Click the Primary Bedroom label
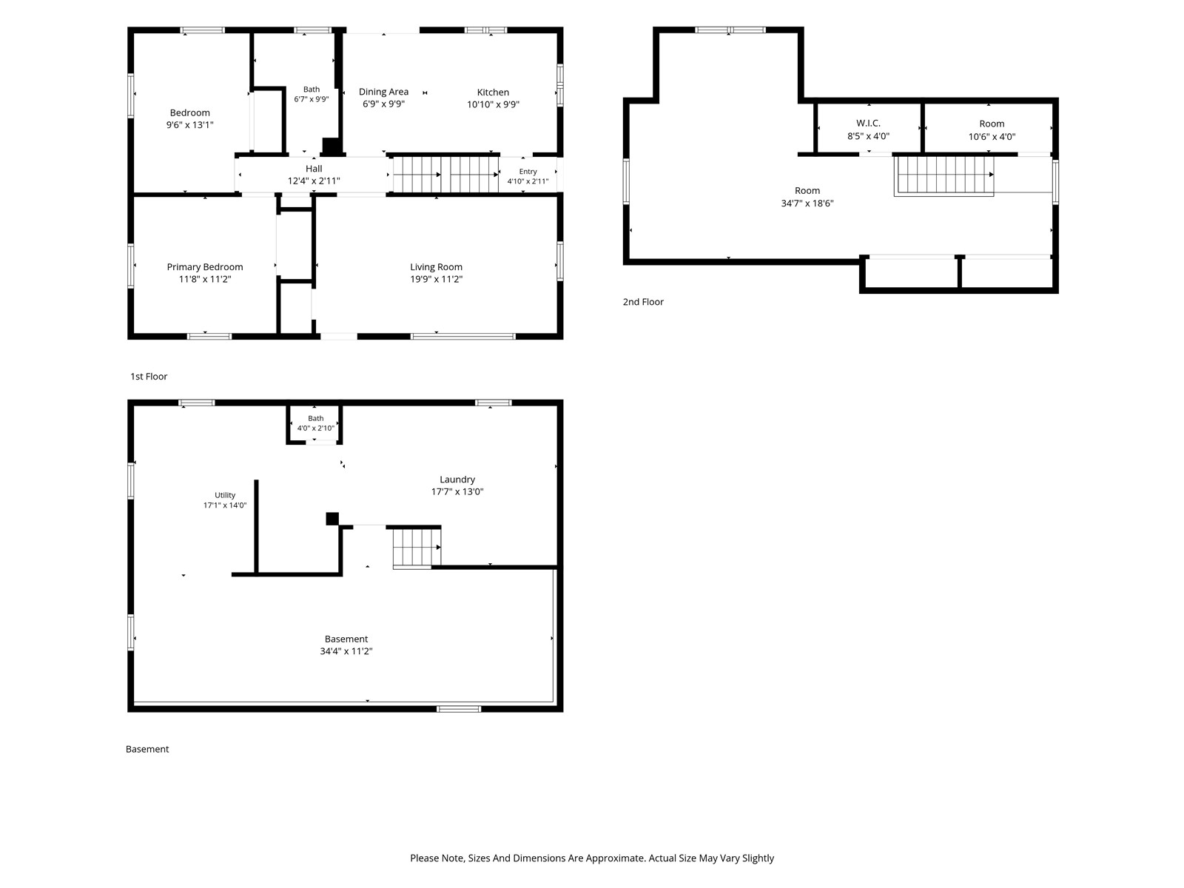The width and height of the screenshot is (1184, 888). (204, 267)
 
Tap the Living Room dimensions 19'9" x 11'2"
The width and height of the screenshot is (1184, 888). (436, 279)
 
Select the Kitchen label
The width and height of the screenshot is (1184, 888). (493, 92)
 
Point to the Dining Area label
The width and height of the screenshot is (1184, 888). (383, 92)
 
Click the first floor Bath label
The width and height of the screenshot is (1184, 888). (312, 89)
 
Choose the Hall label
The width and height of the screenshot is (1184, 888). (314, 169)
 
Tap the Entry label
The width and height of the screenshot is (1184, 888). (528, 172)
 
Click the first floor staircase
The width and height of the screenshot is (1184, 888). (445, 174)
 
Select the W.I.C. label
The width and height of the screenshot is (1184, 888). (868, 124)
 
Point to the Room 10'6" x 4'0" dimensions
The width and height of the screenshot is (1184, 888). (992, 136)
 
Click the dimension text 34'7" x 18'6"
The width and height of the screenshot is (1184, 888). (807, 203)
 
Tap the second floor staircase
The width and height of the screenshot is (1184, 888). (944, 175)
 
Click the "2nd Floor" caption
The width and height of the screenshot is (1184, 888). (643, 302)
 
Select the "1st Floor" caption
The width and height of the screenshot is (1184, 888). (149, 377)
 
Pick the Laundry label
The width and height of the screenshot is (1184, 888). (457, 480)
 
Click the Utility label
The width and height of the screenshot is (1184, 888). (225, 495)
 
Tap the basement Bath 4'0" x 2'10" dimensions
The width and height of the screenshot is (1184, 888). (315, 428)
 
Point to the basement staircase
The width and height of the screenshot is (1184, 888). (417, 548)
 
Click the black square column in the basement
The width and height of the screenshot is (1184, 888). (332, 519)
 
